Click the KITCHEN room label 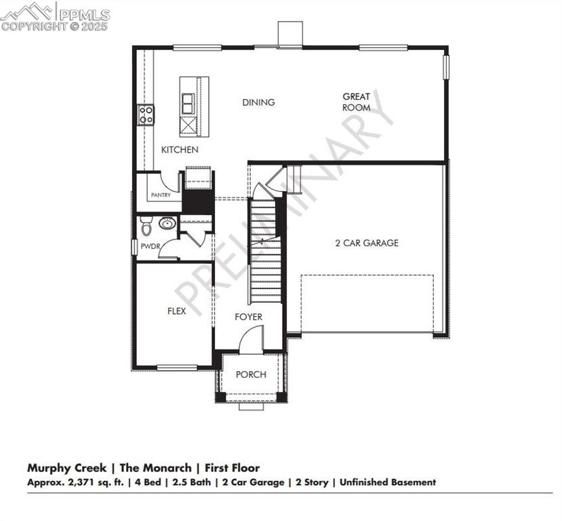click(180, 149)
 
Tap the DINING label click(258, 102)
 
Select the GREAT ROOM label click(356, 102)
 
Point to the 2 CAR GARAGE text click(367, 243)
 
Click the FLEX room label click(177, 311)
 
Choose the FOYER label click(248, 317)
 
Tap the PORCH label click(251, 374)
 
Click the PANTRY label click(161, 195)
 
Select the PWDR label click(150, 246)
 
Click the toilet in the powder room click(145, 224)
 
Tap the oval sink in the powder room click(167, 223)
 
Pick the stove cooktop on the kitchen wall click(146, 115)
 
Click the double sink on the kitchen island click(187, 103)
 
